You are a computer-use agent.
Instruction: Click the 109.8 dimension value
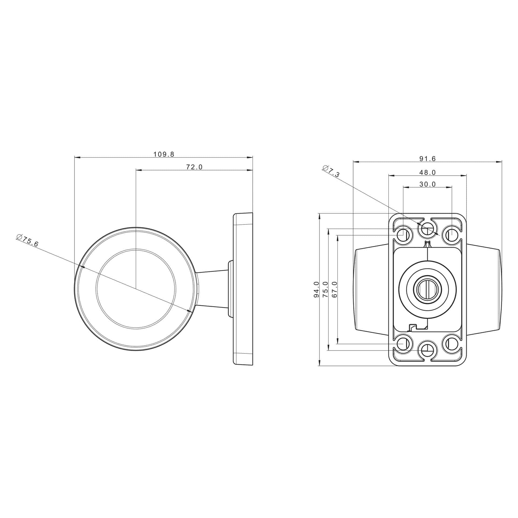pyautogui.click(x=164, y=154)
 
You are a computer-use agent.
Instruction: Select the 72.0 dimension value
pyautogui.click(x=194, y=167)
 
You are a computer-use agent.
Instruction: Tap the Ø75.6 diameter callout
pyautogui.click(x=28, y=241)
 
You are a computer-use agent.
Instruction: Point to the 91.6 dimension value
pyautogui.click(x=428, y=159)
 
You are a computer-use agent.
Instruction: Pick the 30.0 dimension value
pyautogui.click(x=428, y=184)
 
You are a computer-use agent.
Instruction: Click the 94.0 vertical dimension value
pyautogui.click(x=316, y=289)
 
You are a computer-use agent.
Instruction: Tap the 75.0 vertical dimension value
pyautogui.click(x=325, y=289)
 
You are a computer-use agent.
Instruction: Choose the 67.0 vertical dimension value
pyautogui.click(x=335, y=289)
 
